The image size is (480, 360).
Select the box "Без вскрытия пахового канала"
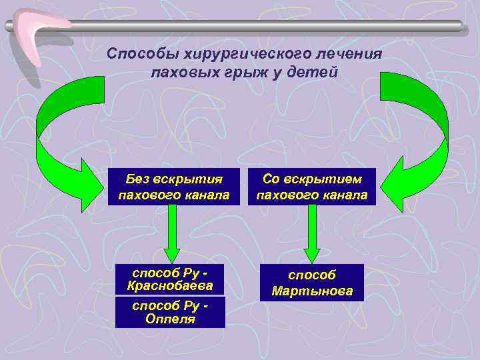tap(173, 187)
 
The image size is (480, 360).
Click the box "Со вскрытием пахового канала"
tap(311, 187)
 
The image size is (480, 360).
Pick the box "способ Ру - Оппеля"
tap(171, 312)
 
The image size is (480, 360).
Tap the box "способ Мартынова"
tap(312, 283)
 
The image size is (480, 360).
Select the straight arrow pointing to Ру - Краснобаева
tap(172, 233)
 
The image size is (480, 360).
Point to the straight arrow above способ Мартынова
tap(311, 233)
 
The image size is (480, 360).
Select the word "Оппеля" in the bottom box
tap(171, 319)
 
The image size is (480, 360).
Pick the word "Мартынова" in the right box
tap(312, 291)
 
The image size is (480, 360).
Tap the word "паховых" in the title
tap(179, 71)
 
